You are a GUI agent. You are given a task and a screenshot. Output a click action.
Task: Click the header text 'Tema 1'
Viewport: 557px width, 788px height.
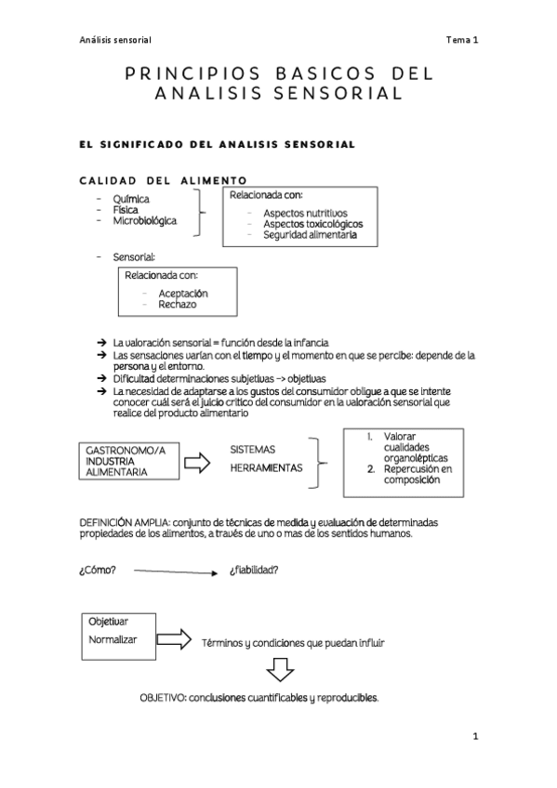coord(461,40)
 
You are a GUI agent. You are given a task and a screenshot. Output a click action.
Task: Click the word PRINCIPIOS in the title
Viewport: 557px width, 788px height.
coord(182,73)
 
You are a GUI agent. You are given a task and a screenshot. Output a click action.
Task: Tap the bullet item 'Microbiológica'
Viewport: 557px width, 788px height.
coord(144,221)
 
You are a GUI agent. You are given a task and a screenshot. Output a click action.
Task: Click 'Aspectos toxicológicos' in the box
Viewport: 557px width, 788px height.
coord(312,224)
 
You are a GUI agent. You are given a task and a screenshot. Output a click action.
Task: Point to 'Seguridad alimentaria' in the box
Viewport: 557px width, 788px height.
coord(309,235)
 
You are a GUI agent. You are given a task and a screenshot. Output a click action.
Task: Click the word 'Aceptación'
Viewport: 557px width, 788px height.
coord(182,293)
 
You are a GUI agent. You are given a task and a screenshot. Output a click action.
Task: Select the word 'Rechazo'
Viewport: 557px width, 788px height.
coord(177,304)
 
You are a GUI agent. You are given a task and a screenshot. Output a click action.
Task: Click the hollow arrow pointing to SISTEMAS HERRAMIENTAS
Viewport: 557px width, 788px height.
coord(197,462)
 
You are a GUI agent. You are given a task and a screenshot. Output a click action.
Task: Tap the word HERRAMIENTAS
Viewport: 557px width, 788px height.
coord(267,468)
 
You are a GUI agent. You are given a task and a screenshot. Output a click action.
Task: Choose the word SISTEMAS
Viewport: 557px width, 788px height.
coord(253,449)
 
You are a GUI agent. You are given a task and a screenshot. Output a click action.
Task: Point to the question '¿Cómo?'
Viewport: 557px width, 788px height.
coord(98,570)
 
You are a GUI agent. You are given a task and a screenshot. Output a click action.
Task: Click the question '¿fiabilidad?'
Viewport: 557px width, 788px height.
coord(253,570)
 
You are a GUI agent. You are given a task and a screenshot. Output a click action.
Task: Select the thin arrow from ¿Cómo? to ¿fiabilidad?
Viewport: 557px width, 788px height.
coord(175,571)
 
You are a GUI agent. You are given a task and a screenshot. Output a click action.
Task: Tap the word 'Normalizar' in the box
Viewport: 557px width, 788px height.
coord(113,640)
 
